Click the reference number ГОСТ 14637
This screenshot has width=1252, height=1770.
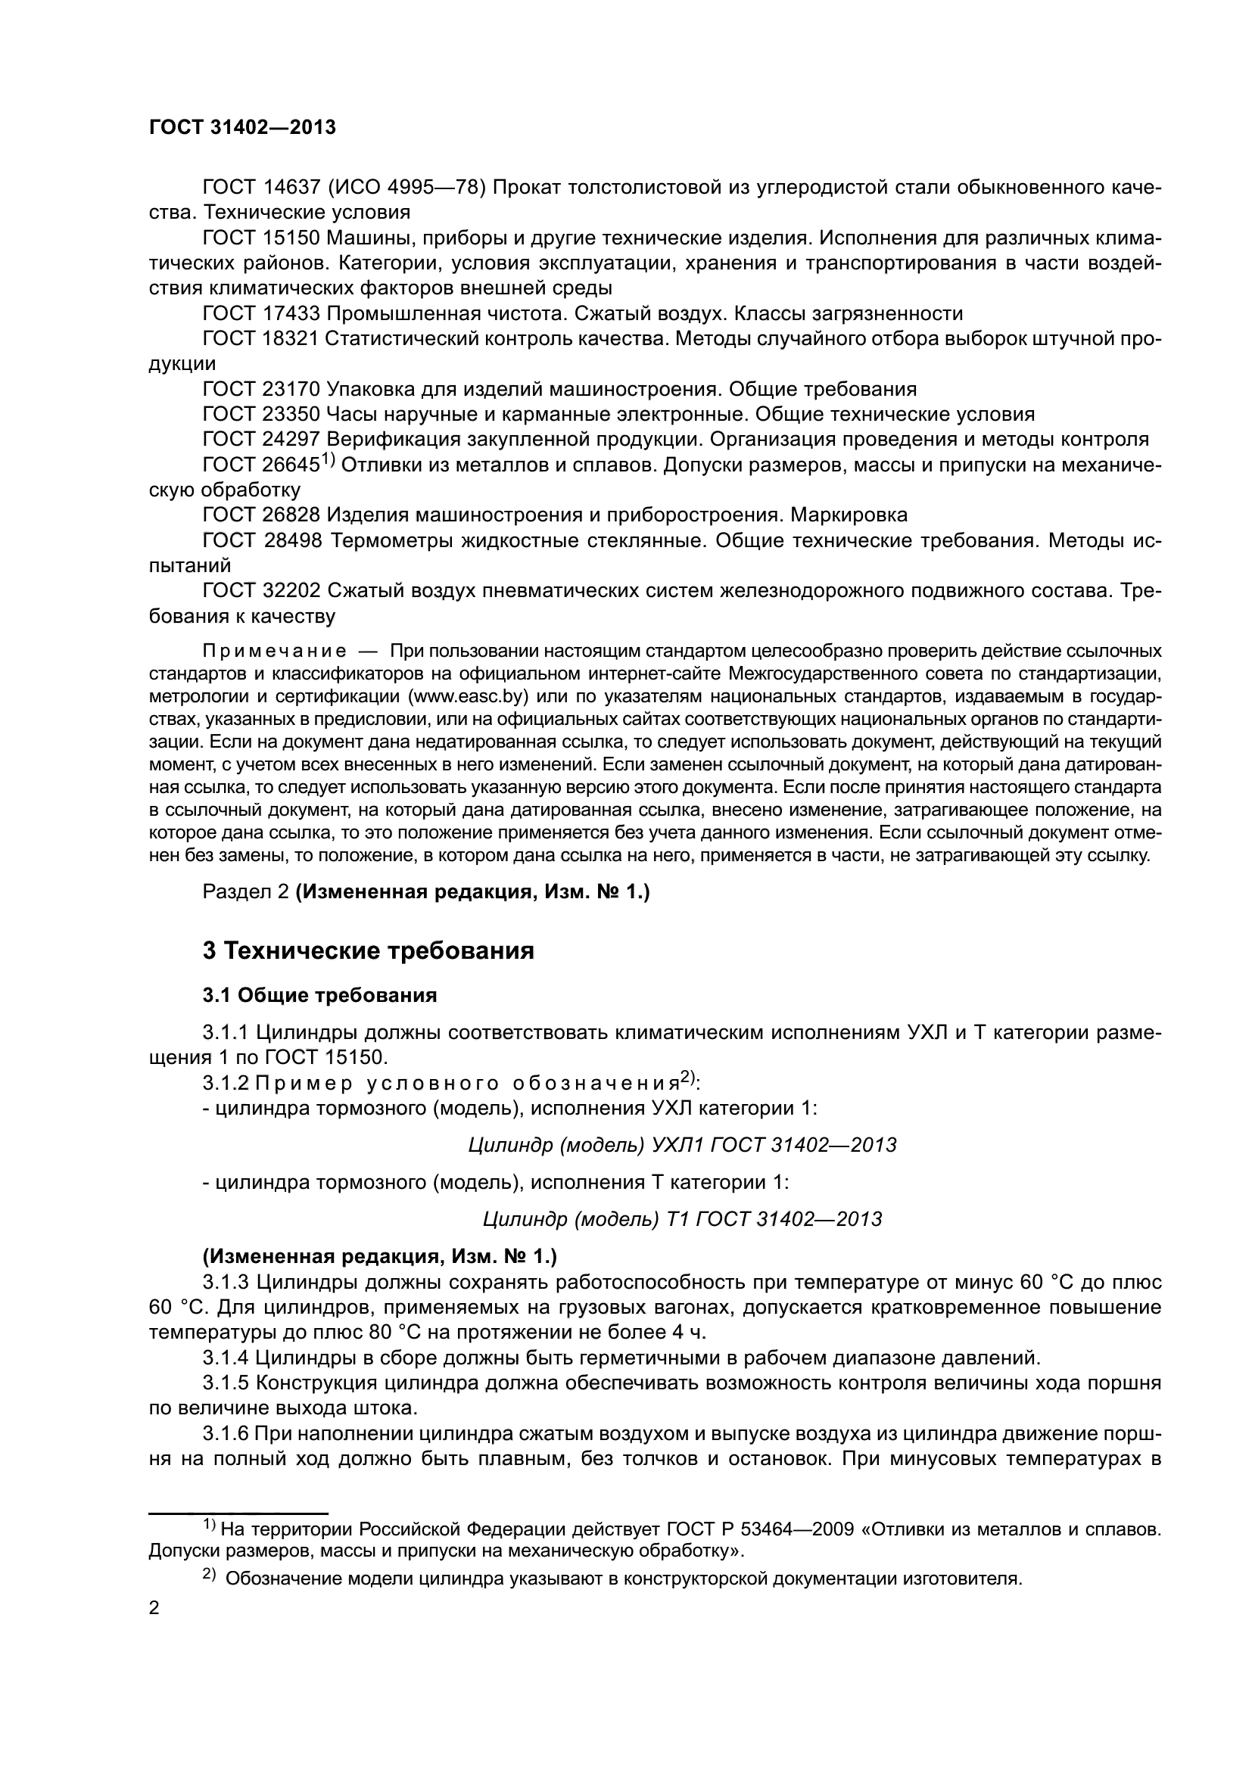[x=260, y=188]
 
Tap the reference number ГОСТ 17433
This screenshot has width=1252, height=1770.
[x=260, y=314]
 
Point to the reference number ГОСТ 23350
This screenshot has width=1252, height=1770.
[x=260, y=415]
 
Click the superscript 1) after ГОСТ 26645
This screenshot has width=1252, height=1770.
[x=327, y=460]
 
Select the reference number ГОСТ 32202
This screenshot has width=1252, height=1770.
[x=260, y=591]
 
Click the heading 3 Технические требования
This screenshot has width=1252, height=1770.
[x=369, y=951]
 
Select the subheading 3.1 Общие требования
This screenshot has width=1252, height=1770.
[x=320, y=995]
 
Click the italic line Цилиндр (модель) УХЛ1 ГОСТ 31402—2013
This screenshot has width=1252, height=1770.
[x=682, y=1145]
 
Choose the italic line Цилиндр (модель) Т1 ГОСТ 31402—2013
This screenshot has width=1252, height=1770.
[x=682, y=1219]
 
